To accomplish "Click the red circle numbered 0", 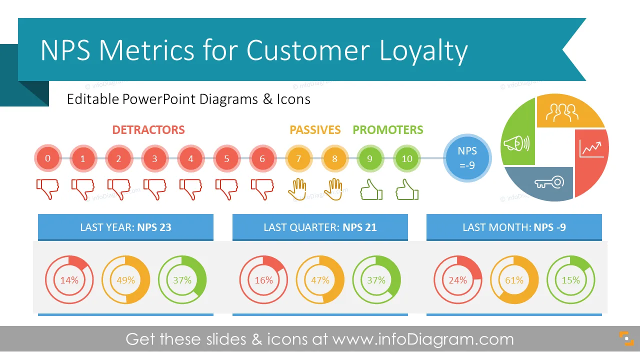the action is (x=48, y=158).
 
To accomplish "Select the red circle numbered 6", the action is (x=262, y=158).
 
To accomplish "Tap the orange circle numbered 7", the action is (x=298, y=158).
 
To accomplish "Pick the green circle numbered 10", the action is (x=407, y=158).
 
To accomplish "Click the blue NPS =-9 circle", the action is (x=467, y=158).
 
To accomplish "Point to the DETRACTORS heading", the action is (x=148, y=130).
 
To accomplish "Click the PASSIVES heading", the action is (x=315, y=130).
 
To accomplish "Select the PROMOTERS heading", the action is (x=387, y=130).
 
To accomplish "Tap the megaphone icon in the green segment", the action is (x=516, y=143).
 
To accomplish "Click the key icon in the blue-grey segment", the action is (x=549, y=182).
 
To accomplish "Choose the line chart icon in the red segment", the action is (x=591, y=149).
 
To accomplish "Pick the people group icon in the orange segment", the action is (x=562, y=112).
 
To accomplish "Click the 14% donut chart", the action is (x=69, y=279).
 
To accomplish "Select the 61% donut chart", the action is (x=514, y=279).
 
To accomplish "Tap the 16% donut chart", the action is (x=263, y=279).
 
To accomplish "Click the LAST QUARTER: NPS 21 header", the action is (x=320, y=227).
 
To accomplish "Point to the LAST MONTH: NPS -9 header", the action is (x=514, y=227).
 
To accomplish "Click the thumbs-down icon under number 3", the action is (x=155, y=189).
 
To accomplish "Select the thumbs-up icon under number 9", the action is (x=371, y=189).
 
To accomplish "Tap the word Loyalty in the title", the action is (x=423, y=51).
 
